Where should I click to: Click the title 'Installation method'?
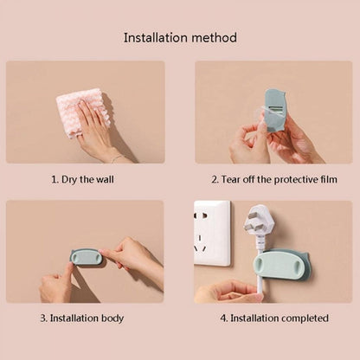[x=180, y=38]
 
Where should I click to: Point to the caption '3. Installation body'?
[x=86, y=318]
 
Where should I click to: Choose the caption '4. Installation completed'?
[x=273, y=318]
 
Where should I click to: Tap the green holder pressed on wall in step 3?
[x=86, y=257]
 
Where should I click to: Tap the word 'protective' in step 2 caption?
[x=286, y=179]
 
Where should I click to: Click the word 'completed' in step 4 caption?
[x=303, y=318]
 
